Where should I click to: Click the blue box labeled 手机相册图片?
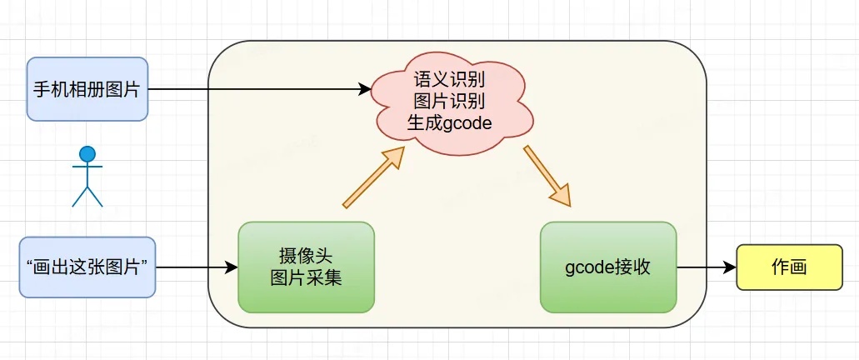coord(87,89)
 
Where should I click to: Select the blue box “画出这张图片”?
coord(87,267)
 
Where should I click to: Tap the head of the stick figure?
coord(87,154)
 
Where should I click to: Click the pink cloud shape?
coord(453,103)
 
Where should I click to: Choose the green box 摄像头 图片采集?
coord(307,267)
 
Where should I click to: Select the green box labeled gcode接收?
coord(608,267)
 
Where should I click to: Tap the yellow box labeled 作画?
coord(789,267)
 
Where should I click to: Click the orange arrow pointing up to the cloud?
coord(373,177)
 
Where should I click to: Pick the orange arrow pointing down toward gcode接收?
coord(547,176)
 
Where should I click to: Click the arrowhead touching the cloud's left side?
coord(365,89)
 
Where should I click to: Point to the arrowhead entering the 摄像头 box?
coord(231,267)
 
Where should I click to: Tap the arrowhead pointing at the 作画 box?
coord(730,267)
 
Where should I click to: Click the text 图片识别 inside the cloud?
coord(450,102)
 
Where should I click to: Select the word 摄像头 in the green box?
coord(307,257)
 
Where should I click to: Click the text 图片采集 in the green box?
coord(307,277)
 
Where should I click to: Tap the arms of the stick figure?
coord(87,166)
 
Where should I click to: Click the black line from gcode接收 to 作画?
coord(707,267)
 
